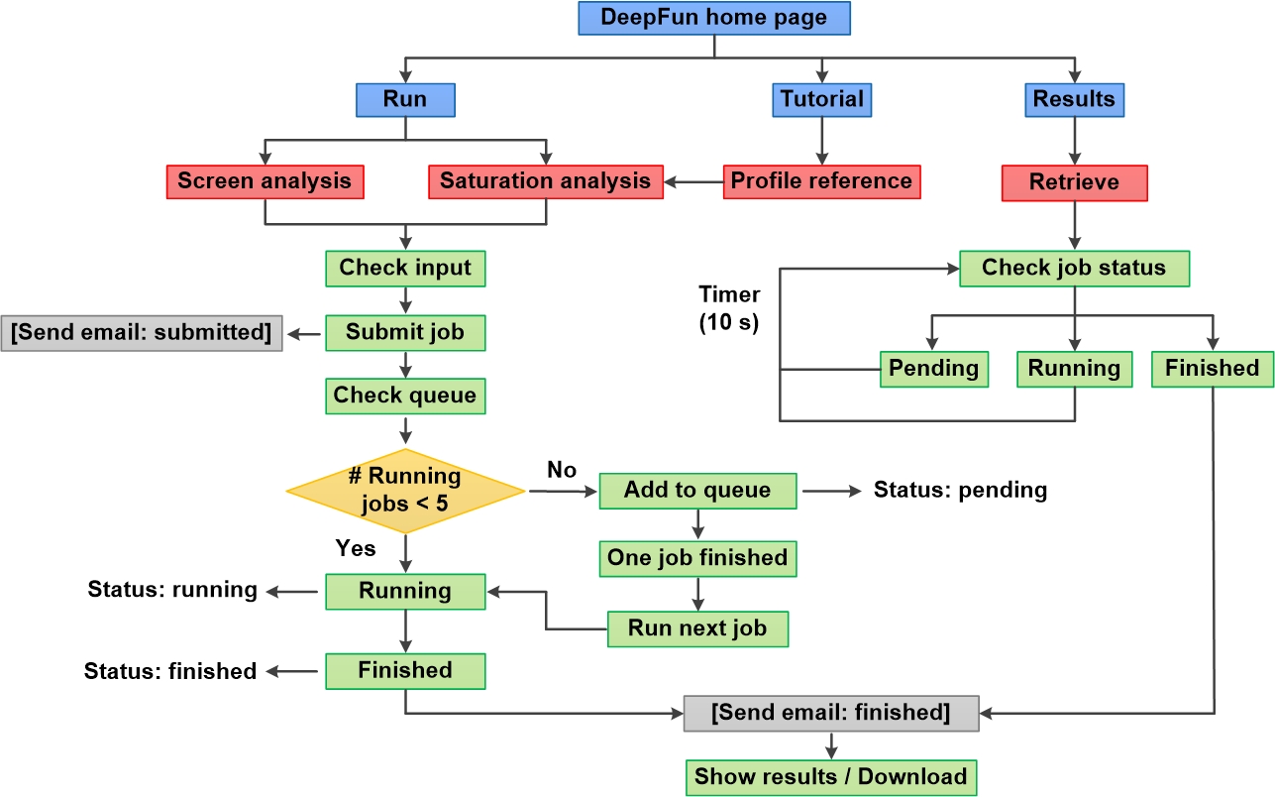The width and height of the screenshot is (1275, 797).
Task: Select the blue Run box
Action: [x=405, y=99]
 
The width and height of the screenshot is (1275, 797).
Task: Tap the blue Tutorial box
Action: [x=821, y=99]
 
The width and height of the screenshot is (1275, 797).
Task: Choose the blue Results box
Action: [x=1074, y=99]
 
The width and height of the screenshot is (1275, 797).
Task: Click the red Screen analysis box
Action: [x=265, y=181]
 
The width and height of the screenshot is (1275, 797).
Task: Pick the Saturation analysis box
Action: [x=545, y=181]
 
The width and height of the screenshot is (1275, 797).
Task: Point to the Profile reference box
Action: [x=821, y=181]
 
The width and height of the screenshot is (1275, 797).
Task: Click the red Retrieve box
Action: [x=1074, y=182]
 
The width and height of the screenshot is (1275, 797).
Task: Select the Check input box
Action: [x=405, y=268]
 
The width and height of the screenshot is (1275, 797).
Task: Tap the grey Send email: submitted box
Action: [x=142, y=332]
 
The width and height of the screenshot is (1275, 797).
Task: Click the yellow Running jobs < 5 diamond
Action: [x=405, y=490]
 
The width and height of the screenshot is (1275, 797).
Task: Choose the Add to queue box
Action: [x=697, y=490]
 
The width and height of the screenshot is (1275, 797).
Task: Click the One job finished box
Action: [x=697, y=558]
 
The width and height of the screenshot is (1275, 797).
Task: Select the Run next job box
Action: [x=697, y=628]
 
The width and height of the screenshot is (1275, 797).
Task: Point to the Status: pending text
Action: [x=960, y=490]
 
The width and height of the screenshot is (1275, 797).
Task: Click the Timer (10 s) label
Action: [x=729, y=308]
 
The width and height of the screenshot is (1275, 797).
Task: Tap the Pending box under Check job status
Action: [x=933, y=369]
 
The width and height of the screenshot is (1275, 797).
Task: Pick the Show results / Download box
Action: [x=830, y=776]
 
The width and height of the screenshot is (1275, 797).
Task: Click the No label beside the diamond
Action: [x=562, y=470]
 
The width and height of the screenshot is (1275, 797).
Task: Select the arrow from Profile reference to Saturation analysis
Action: [x=692, y=182]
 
